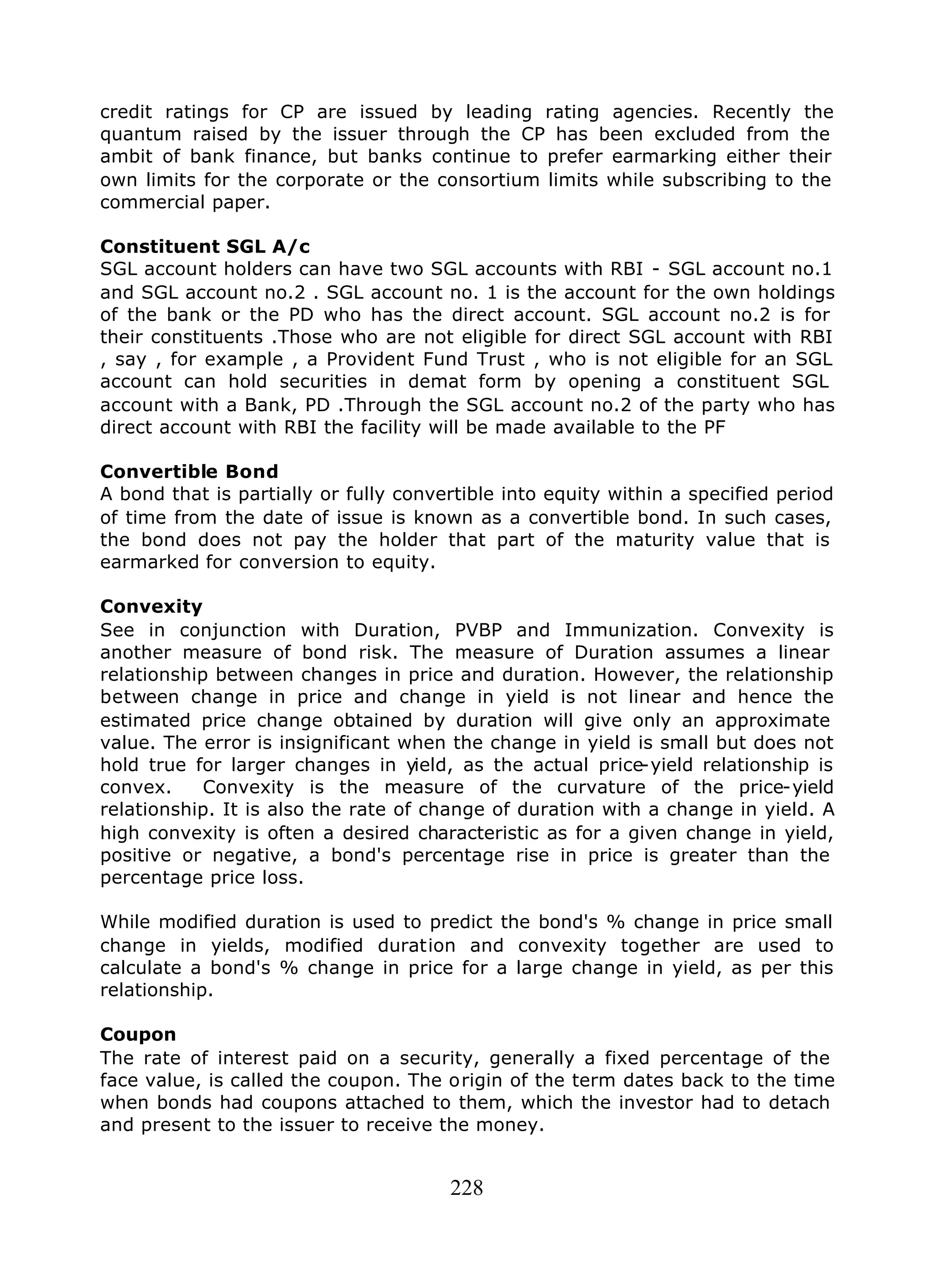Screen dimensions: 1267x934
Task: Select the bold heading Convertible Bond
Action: coord(189,471)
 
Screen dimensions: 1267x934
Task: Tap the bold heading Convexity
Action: coord(151,606)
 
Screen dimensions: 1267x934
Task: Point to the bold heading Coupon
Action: coord(138,1034)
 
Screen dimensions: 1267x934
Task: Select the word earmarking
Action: coord(658,156)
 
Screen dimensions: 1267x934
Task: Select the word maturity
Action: coord(654,540)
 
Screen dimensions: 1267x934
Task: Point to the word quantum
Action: coord(140,134)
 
